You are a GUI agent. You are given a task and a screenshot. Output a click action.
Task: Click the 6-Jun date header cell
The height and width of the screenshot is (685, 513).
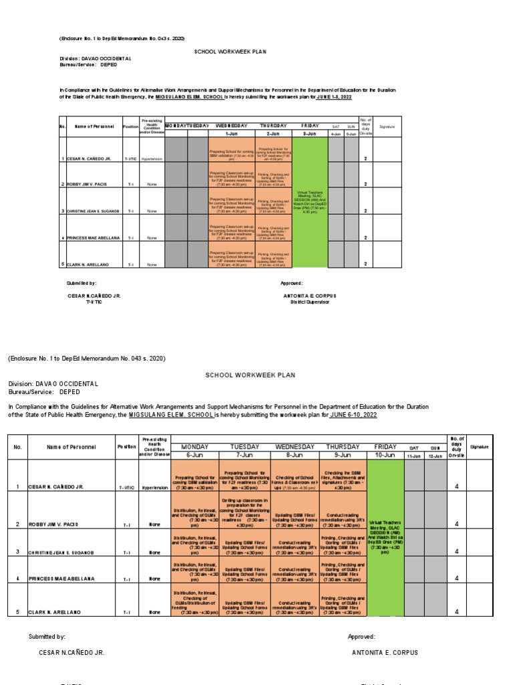pyautogui.click(x=195, y=455)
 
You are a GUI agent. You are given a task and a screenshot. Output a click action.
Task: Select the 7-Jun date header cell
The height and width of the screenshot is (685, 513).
pyautogui.click(x=244, y=455)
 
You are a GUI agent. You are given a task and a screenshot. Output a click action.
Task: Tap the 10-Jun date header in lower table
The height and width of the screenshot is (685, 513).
pyautogui.click(x=385, y=455)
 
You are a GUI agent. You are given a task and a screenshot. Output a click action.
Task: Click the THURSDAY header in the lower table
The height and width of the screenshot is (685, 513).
pyautogui.click(x=343, y=446)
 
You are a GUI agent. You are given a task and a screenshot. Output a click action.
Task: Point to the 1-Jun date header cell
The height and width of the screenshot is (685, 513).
pyautogui.click(x=232, y=134)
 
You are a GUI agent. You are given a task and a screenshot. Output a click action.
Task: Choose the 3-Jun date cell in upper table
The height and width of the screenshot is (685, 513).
pyautogui.click(x=309, y=134)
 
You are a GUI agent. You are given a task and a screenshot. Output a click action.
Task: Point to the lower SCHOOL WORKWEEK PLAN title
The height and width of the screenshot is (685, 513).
pyautogui.click(x=250, y=375)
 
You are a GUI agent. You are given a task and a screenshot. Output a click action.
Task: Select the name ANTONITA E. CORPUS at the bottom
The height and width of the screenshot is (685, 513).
pyautogui.click(x=385, y=652)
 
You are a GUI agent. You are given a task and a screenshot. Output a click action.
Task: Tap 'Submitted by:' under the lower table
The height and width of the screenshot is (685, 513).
pyautogui.click(x=47, y=637)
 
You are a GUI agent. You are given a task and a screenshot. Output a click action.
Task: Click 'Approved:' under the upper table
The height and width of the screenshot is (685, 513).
pyautogui.click(x=292, y=283)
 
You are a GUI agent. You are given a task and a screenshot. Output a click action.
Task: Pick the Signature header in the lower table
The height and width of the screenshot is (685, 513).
pyautogui.click(x=479, y=446)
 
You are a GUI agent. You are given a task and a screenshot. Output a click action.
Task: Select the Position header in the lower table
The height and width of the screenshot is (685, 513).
pyautogui.click(x=127, y=446)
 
